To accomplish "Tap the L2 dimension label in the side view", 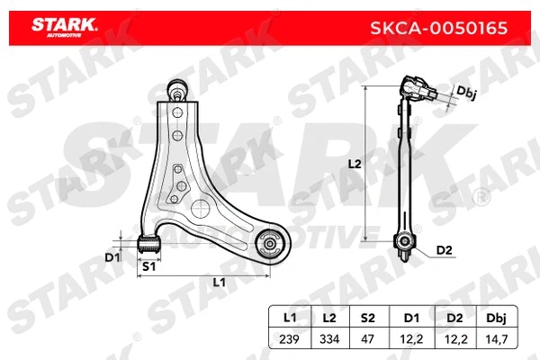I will pyautogui.click(x=354, y=165).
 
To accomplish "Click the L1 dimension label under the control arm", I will pyautogui.click(x=219, y=283).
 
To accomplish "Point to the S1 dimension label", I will pyautogui.click(x=148, y=266).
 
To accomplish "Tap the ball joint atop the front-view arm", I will pyautogui.click(x=179, y=89).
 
